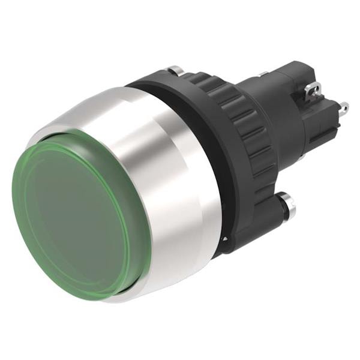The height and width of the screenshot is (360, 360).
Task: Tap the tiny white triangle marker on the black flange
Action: click(224, 238)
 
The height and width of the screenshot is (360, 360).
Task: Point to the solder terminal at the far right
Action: click(343, 110)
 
